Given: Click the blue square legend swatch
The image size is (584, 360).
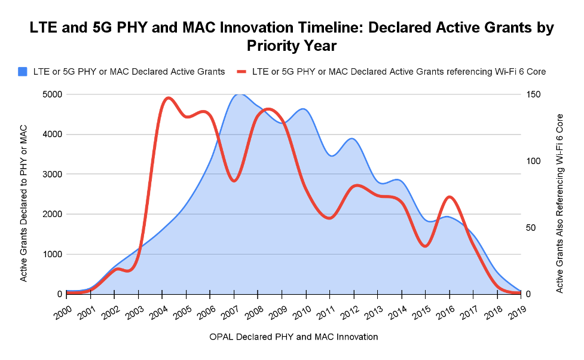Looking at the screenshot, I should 23,72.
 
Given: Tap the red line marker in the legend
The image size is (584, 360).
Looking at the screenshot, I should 241,72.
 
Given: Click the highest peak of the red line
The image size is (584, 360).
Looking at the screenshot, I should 168,97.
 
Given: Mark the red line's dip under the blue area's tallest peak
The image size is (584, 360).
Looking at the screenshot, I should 234,181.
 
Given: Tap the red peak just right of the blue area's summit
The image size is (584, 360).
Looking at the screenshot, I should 268,109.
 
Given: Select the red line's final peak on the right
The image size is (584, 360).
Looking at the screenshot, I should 450,197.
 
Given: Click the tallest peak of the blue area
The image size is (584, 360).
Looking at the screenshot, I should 239,94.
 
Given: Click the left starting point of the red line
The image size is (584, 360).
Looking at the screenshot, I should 68,292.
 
